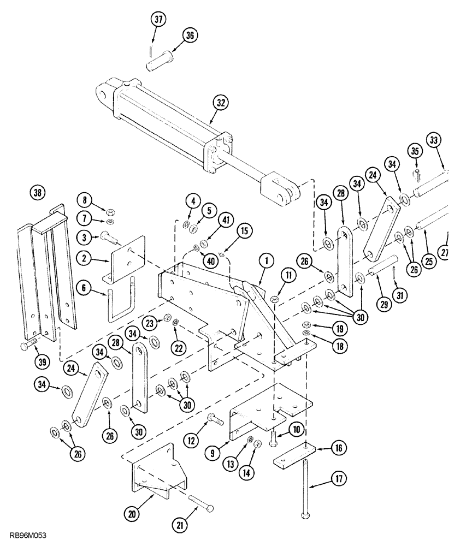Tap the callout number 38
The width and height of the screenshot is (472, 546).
[38, 192]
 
